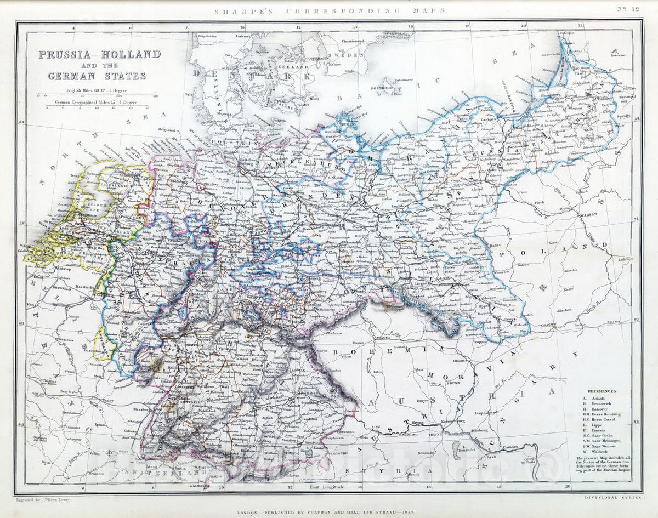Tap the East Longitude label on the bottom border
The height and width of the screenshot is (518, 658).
pos(326,487)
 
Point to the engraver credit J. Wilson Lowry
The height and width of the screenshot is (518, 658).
pos(42,500)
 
